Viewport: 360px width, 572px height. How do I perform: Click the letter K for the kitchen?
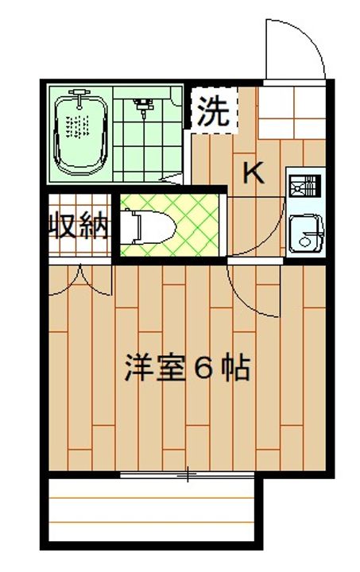(253, 172)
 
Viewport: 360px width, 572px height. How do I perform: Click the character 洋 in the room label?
(138, 369)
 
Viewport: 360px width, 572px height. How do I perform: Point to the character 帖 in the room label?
(237, 369)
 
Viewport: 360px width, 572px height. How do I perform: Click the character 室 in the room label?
(170, 369)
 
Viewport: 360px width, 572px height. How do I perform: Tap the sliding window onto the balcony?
(188, 476)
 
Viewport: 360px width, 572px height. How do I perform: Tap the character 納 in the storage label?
(94, 227)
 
